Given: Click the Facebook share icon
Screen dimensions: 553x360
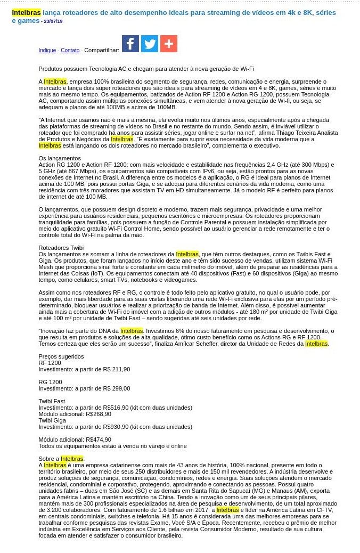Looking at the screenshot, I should coord(130,44).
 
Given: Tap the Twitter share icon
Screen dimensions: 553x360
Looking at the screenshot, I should coord(150,44).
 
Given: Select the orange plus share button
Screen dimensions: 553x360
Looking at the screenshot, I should coord(169,44).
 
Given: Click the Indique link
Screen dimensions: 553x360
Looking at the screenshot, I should coord(47,51).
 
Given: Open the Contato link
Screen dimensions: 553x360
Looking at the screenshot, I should coord(70,51).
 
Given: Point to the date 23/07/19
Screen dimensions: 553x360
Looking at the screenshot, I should coord(53,21).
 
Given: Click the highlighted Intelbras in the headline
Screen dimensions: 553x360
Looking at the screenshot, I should coord(26,12).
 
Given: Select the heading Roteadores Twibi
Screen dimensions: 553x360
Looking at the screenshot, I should coord(61,248).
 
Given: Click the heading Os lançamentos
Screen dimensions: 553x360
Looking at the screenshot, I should coord(60,158).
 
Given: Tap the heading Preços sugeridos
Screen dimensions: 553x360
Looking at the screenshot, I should coord(61,356).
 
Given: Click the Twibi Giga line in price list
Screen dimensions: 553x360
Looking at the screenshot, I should coord(52,420).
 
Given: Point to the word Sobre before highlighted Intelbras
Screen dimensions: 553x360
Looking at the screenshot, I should coord(46,459).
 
